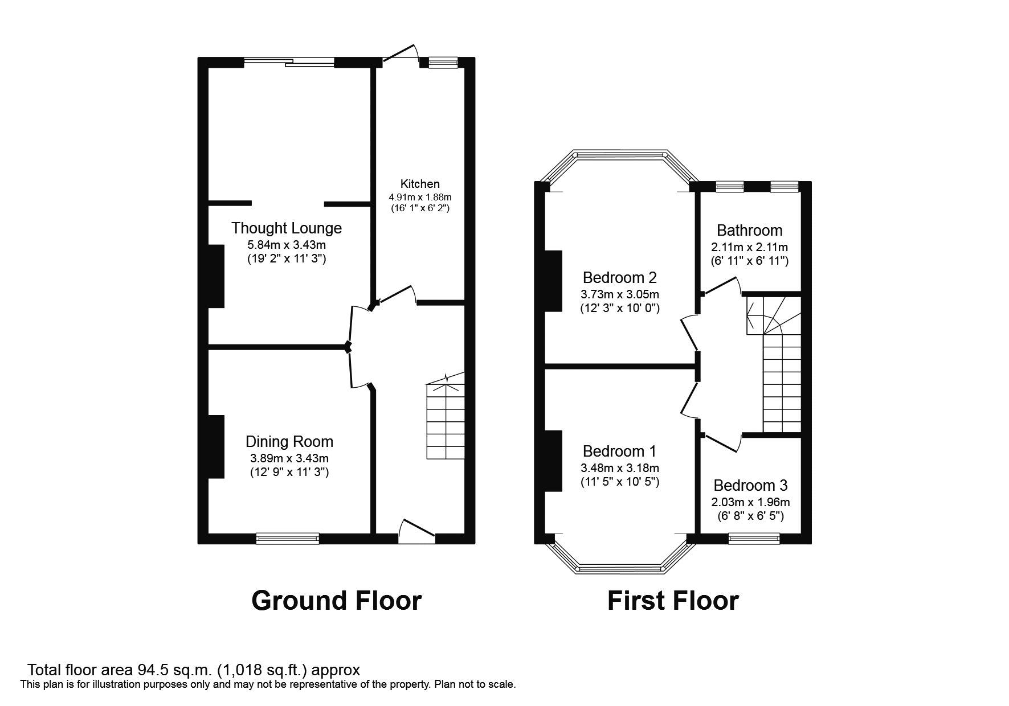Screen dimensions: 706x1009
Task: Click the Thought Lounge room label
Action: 286,228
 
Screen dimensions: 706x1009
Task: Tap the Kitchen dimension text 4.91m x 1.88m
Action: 420,197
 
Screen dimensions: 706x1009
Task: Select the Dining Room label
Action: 289,442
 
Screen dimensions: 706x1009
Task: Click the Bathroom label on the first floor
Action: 749,231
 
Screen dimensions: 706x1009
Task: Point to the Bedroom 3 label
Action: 750,486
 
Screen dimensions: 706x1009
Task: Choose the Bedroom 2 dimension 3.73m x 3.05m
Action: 619,295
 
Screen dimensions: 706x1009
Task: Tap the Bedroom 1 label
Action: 619,451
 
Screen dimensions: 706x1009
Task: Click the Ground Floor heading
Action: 336,601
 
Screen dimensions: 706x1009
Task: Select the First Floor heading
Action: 672,601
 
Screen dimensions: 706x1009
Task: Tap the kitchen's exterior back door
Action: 401,54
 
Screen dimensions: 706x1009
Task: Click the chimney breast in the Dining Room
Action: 216,447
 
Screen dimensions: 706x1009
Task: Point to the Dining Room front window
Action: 287,539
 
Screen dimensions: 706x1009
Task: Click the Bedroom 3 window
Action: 754,538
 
